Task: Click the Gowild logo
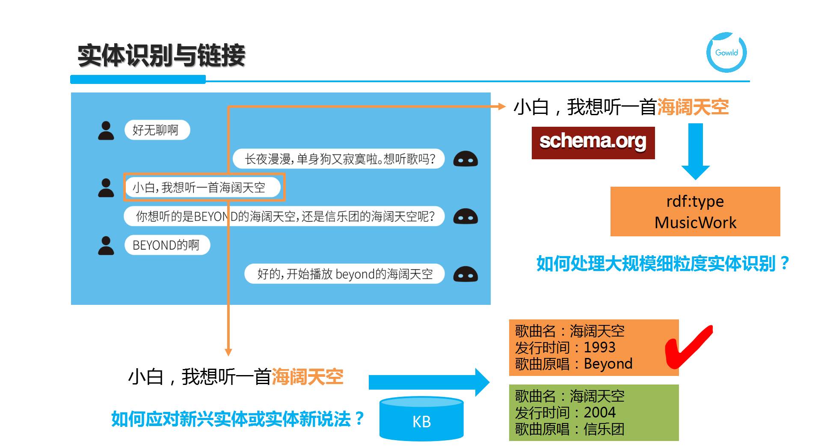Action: click(x=726, y=52)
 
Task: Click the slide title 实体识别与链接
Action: click(x=161, y=56)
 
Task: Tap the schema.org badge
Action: click(x=593, y=143)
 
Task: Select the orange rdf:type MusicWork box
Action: click(x=695, y=212)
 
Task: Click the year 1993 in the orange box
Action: click(x=599, y=347)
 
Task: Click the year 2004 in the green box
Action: click(x=599, y=412)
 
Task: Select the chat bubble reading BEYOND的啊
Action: click(x=167, y=245)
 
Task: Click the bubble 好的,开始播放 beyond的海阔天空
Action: click(x=344, y=274)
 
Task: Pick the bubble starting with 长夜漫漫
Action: click(x=339, y=159)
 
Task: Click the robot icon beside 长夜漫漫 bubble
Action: click(x=465, y=159)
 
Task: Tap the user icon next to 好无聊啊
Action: click(x=106, y=131)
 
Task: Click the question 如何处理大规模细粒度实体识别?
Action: click(x=662, y=263)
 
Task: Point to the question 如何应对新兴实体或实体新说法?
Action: click(x=237, y=419)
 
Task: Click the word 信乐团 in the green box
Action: click(x=604, y=429)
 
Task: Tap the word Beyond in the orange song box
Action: click(x=608, y=364)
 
